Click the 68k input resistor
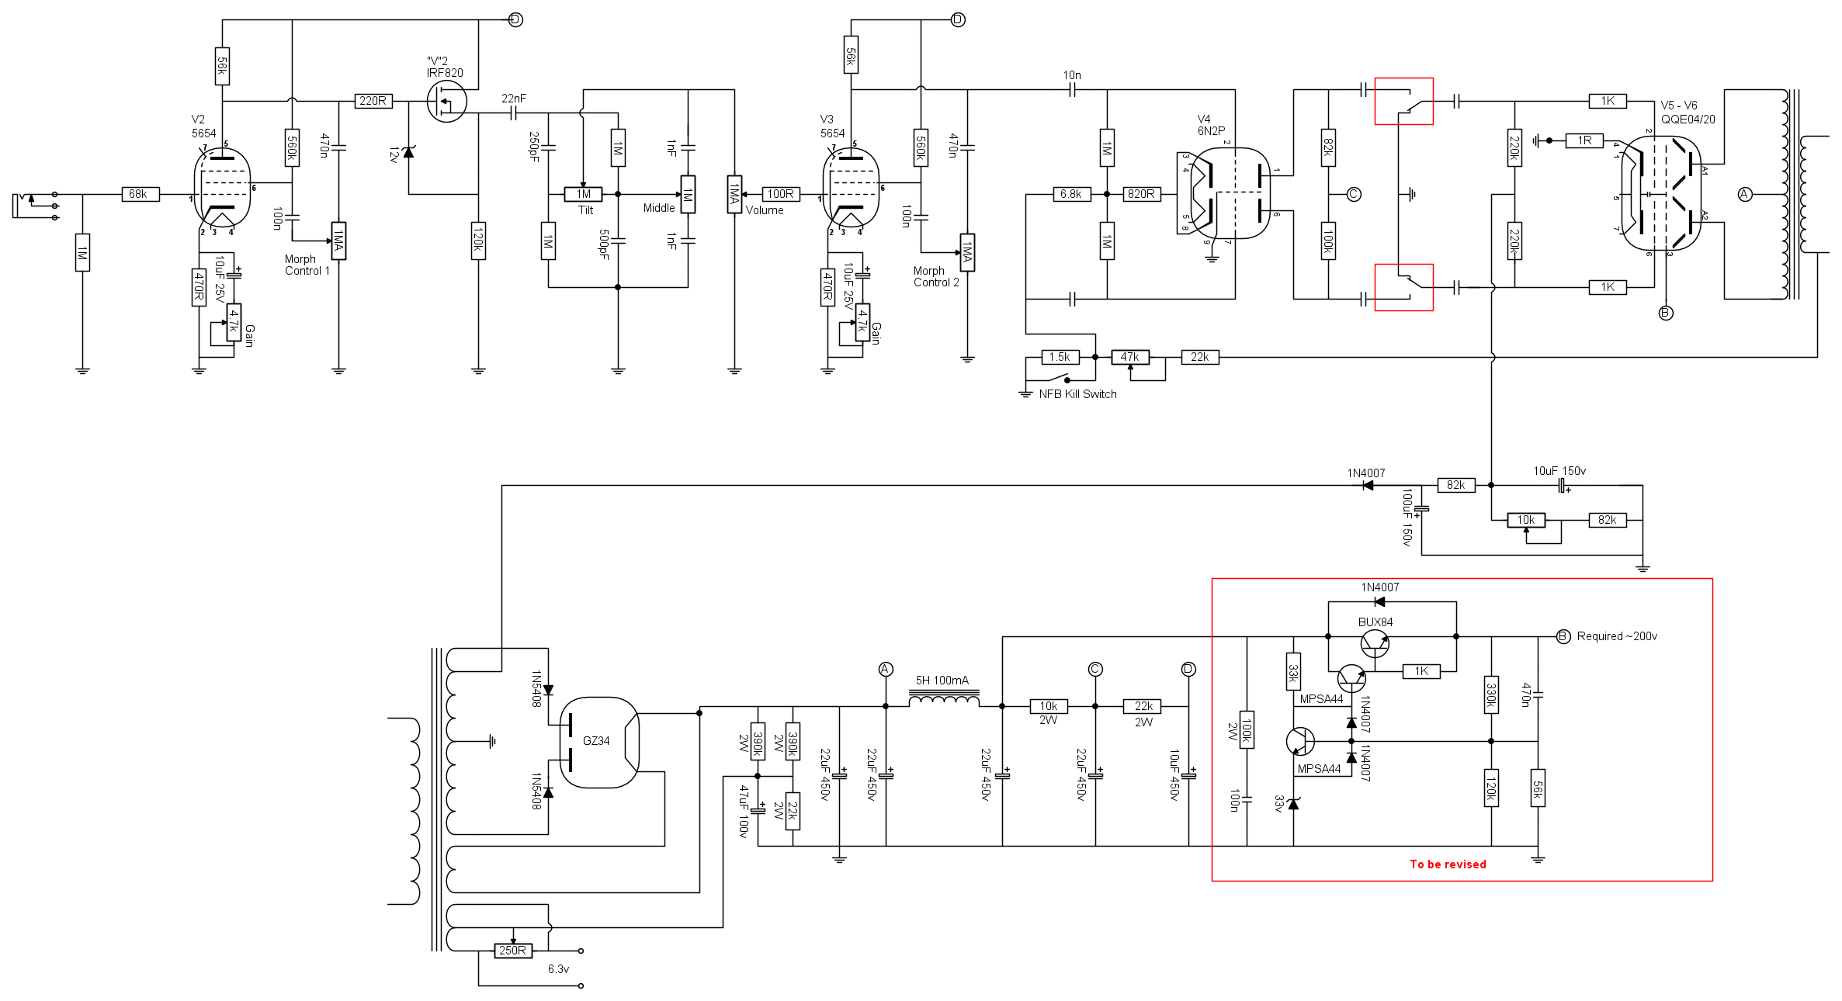pos(140,194)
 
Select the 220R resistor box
pos(373,101)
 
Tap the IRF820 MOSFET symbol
pos(446,102)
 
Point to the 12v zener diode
pos(408,152)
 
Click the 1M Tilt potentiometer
pos(583,194)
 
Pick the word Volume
pos(765,210)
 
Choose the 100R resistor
pos(780,194)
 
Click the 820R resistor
pos(1141,194)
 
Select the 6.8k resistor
pos(1071,194)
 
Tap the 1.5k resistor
pos(1060,357)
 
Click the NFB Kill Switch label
pos(1077,394)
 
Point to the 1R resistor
pos(1584,140)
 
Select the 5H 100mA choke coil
pos(943,700)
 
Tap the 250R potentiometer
pos(512,951)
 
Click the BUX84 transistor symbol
pos(1375,643)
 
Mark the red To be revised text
pos(1448,864)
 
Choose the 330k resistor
pos(1490,694)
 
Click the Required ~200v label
pos(1616,636)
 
